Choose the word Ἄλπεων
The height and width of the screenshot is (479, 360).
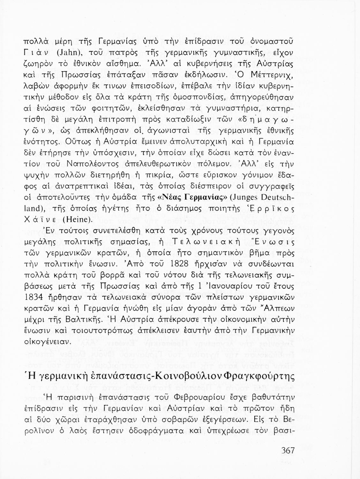[x=278, y=308]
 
